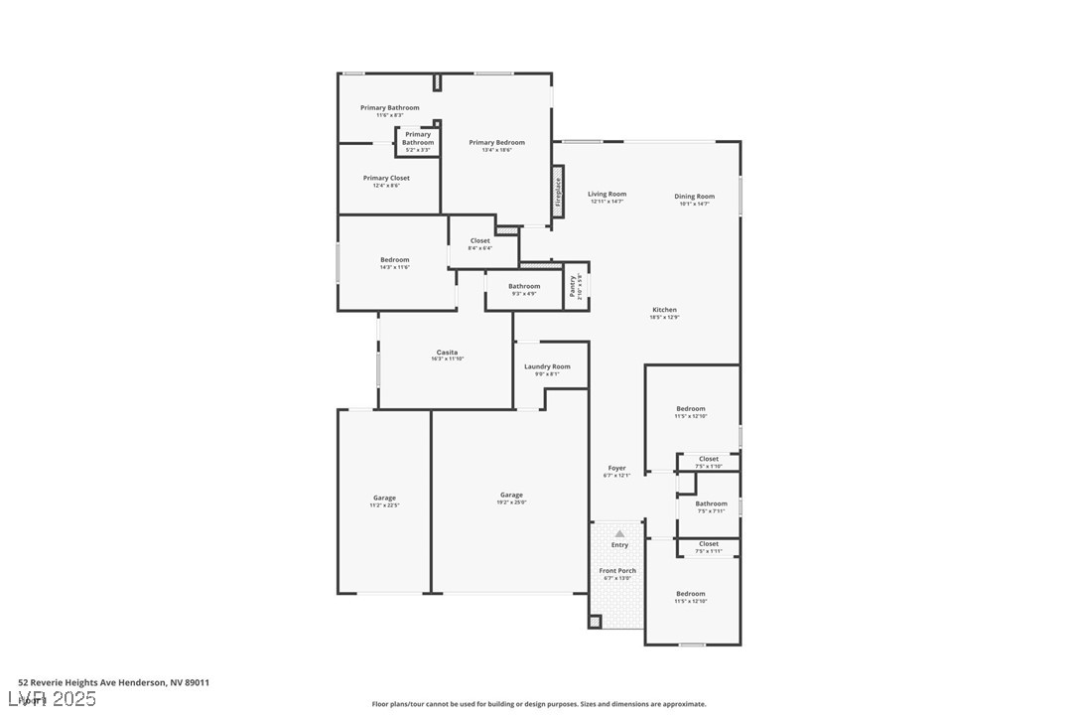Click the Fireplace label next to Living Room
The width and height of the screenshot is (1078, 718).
point(558,191)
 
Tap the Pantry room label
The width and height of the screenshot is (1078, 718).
point(573,286)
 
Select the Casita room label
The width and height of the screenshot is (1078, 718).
point(447,353)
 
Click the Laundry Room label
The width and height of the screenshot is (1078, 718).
point(547,366)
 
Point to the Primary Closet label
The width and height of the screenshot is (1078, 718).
point(386,179)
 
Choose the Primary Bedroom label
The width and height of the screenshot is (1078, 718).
point(496,143)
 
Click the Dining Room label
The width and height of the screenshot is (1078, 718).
point(694,197)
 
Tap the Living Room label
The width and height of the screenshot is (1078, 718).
point(606,195)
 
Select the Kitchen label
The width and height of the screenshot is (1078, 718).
point(664,310)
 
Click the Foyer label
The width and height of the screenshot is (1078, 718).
point(616,468)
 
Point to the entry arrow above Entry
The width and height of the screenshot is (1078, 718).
point(619,533)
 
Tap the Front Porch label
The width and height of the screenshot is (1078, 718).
point(617,571)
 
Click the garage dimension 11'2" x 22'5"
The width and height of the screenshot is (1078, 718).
point(384,505)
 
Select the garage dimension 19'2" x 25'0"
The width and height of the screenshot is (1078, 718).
point(511,503)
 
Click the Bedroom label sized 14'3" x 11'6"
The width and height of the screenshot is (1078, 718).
point(394,260)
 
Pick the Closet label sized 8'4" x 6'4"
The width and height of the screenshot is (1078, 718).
point(480,241)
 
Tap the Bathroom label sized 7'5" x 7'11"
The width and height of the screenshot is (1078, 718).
point(711,504)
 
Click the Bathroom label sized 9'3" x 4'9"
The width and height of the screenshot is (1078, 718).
point(524,287)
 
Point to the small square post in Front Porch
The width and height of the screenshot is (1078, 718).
point(595,622)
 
